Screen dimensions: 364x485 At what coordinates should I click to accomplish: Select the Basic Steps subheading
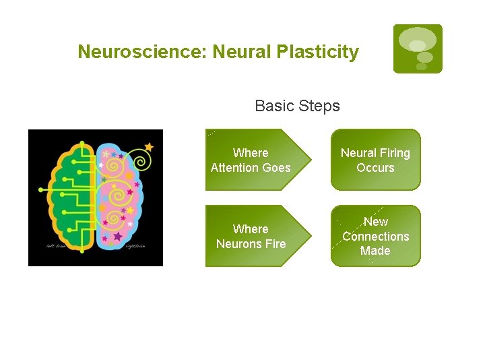tap(297, 106)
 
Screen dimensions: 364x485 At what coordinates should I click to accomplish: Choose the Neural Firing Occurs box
tap(375, 160)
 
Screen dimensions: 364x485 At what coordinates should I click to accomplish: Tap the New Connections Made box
tap(375, 236)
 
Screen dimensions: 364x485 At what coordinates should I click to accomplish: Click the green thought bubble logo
tap(418, 49)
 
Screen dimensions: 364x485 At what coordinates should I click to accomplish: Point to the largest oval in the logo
tap(417, 38)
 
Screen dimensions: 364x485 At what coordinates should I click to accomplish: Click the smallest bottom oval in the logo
tap(422, 67)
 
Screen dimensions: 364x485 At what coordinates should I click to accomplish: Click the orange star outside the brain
tap(149, 146)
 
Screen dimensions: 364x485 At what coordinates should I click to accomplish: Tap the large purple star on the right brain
tap(118, 237)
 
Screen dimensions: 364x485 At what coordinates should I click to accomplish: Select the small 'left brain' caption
tap(55, 246)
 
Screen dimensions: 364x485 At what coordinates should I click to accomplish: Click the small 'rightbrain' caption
tap(135, 246)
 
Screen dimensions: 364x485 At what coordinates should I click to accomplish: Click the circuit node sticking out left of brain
tap(42, 190)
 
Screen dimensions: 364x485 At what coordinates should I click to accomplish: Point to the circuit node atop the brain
tap(82, 144)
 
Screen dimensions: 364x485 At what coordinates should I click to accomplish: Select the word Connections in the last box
tap(375, 236)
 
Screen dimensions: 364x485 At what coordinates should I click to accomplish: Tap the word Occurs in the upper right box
tap(375, 168)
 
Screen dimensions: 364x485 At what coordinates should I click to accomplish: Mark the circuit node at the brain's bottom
tap(82, 251)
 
